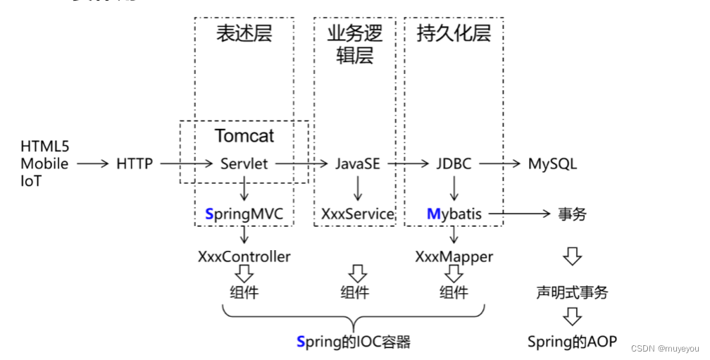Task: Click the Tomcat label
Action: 244,135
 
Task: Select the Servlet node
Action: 244,164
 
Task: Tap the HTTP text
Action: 135,164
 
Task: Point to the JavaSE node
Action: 356,164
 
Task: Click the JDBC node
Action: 453,164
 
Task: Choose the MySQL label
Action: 552,164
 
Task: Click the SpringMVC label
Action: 244,213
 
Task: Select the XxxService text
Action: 357,213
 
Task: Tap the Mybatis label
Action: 454,213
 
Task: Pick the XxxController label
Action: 244,256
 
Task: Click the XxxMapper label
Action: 454,256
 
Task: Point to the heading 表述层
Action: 244,33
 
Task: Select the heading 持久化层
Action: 454,33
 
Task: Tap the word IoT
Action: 31,180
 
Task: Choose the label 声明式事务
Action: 572,292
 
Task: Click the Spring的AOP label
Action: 572,342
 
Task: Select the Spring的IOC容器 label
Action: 353,342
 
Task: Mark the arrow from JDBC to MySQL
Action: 499,164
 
